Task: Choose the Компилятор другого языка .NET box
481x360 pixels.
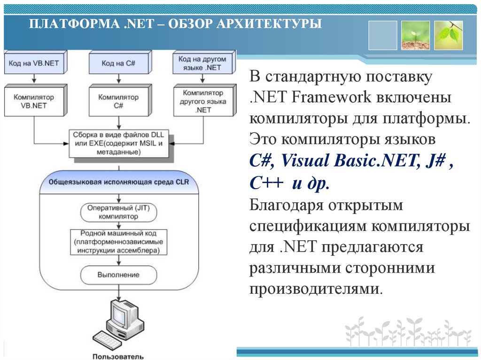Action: tap(203, 101)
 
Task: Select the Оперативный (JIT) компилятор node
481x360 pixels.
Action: tap(118, 212)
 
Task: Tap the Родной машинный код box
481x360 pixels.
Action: tap(118, 242)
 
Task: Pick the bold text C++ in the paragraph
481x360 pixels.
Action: tap(266, 184)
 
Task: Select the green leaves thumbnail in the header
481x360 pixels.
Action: tap(449, 35)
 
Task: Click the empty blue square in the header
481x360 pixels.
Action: tap(383, 35)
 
